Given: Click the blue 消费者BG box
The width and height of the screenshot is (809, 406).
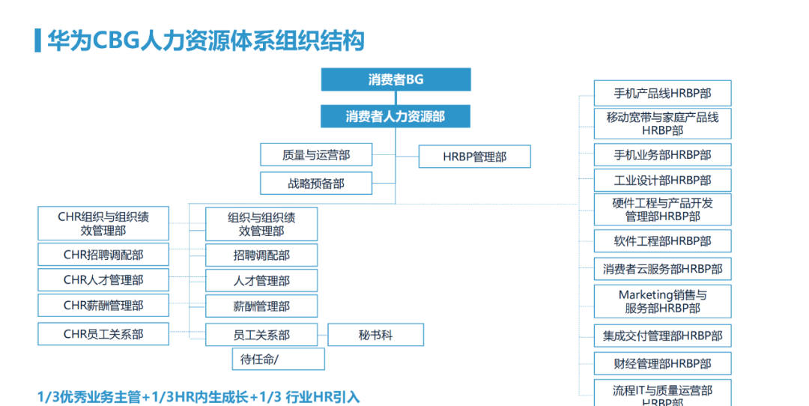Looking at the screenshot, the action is [396, 79].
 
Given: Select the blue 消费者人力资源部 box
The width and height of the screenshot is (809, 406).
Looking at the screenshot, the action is [396, 116].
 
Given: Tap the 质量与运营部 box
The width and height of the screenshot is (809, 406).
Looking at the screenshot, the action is [316, 155].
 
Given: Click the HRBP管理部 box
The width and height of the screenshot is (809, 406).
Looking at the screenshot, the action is [474, 157].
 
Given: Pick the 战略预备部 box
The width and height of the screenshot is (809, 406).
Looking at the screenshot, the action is [316, 183].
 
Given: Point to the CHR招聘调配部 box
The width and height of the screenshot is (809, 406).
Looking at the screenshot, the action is [103, 255].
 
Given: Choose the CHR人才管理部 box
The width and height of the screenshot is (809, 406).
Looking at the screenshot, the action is [103, 280].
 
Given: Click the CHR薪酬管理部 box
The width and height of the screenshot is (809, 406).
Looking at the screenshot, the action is [103, 306].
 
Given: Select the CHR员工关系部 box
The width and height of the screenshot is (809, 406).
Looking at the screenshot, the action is [103, 334].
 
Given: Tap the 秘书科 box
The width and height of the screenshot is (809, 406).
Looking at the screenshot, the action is [375, 335].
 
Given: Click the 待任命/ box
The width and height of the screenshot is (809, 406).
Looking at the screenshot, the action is [278, 359].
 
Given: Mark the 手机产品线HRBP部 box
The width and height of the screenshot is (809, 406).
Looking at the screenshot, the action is [662, 94].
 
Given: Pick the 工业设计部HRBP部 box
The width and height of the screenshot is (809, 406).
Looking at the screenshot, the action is [662, 181].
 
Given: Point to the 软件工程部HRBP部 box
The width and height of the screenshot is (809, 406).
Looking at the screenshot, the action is [662, 241].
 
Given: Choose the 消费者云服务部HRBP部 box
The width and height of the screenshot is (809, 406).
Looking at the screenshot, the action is [662, 269].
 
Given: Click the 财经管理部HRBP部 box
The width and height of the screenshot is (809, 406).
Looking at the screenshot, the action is [662, 364].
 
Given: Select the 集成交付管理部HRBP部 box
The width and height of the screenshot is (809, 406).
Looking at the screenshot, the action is [662, 336].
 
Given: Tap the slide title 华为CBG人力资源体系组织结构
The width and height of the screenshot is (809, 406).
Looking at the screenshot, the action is [206, 40].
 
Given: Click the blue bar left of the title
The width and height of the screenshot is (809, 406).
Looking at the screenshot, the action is [37, 40].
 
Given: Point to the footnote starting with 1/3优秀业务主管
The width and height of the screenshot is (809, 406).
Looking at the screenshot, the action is [199, 396].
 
